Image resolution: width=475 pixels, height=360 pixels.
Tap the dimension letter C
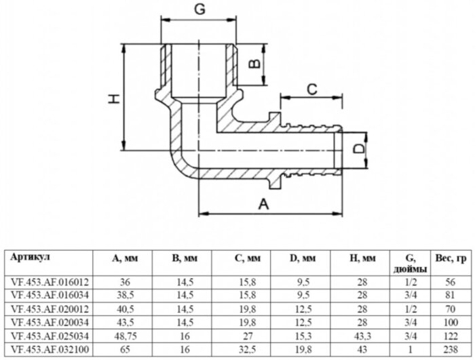[311, 87]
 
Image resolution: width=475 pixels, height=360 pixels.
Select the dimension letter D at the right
[361, 147]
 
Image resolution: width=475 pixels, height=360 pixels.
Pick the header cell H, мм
[361, 258]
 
